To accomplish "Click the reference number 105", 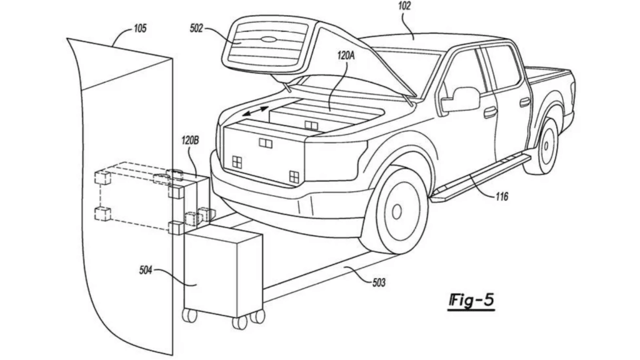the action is point(139,29).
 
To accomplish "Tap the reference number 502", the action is point(196,29).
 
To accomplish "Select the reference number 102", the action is point(404,6).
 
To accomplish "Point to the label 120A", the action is point(346,55).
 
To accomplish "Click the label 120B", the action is point(190,141).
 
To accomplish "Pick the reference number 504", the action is point(145,270).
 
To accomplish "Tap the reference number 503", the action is point(378,282).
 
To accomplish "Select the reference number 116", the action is point(502,197).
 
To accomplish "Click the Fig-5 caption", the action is point(471,301).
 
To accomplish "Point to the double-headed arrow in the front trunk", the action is point(256,111).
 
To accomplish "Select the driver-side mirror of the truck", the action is point(460,99).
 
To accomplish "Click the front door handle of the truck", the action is point(490,111).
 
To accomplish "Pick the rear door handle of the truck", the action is point(525,102).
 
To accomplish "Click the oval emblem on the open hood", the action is point(268,39).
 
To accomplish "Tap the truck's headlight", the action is point(336,160).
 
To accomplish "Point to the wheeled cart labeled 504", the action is point(223,276).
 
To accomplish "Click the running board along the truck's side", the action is point(481,178).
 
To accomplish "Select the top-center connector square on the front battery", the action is point(266,143).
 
